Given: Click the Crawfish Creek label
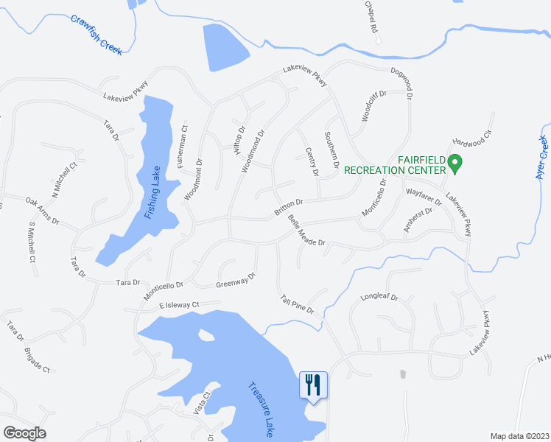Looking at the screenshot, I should [x=96, y=34].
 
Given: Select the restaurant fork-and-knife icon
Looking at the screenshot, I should [x=313, y=384].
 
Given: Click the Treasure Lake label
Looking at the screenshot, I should [x=260, y=409].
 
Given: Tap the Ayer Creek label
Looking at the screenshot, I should [x=543, y=158].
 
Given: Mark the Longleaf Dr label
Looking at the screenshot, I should [x=379, y=298].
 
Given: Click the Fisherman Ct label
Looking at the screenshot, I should [x=183, y=142].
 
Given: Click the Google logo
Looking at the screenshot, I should [x=24, y=433].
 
